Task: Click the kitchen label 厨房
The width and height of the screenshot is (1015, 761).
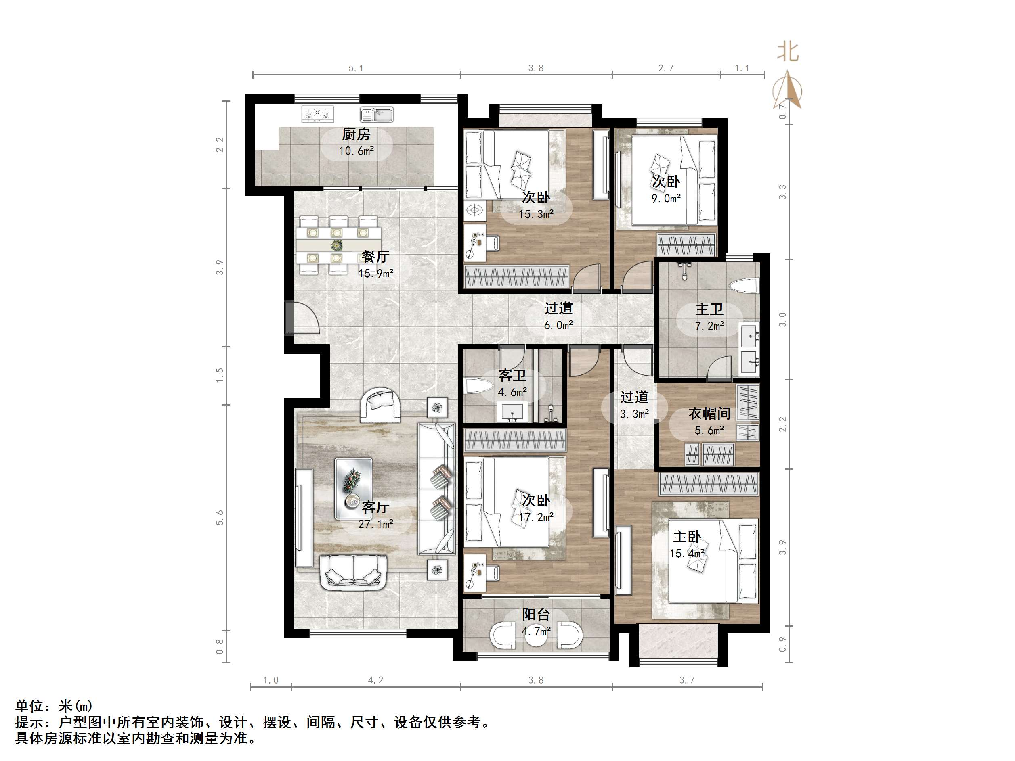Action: (356, 134)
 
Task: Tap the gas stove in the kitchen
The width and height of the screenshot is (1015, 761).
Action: (317, 114)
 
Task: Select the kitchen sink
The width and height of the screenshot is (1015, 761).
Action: (377, 114)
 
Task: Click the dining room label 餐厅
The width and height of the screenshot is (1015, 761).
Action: (375, 256)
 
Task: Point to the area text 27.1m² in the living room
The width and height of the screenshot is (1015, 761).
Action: (375, 524)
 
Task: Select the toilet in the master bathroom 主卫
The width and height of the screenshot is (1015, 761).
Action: (744, 287)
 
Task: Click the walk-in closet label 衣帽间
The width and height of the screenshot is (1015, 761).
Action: (709, 413)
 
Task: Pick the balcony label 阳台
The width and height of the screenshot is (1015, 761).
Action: (535, 615)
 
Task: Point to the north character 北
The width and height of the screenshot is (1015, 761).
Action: (788, 51)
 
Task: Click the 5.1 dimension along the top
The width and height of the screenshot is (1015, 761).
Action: (356, 68)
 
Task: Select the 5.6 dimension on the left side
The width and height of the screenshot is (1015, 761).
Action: (220, 517)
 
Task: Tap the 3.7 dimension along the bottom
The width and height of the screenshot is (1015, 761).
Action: (686, 680)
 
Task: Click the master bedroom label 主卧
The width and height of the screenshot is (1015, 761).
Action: (686, 537)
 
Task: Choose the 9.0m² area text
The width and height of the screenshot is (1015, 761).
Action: (666, 199)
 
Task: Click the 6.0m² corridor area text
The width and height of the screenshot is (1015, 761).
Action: (558, 325)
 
